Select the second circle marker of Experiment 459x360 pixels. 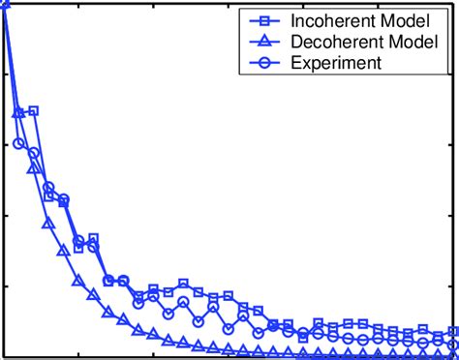[18, 144]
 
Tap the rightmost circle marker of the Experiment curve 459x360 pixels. [453, 345]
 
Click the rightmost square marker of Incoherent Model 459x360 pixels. [453, 331]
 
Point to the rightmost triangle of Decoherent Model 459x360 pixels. [453, 356]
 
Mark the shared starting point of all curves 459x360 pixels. [4, 7]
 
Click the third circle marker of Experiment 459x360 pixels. [34, 153]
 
